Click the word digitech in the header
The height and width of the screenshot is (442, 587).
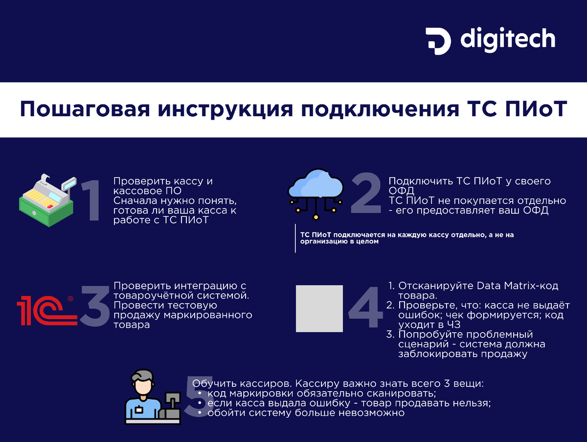click(x=508, y=39)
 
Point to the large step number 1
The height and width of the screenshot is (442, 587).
click(x=90, y=200)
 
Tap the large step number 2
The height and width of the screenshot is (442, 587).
click(x=365, y=193)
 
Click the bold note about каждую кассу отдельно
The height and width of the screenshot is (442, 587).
click(x=406, y=238)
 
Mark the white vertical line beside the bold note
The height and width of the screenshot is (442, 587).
click(x=295, y=238)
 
